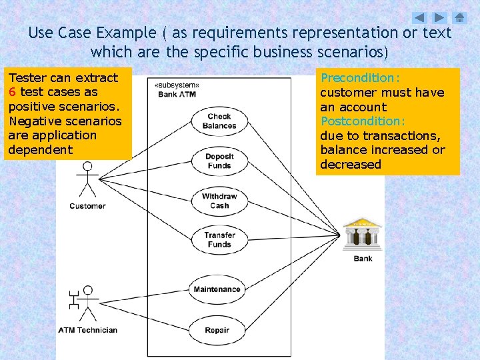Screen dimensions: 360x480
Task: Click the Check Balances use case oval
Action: (x=219, y=121)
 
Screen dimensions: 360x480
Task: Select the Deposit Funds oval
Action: (x=219, y=161)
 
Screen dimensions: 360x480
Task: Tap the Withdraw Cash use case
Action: (x=219, y=201)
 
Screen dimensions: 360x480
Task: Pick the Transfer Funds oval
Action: (x=219, y=239)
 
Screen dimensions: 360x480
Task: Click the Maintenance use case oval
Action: (x=217, y=289)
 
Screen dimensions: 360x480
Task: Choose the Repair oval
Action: (x=217, y=330)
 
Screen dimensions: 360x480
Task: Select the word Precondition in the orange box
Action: (x=357, y=78)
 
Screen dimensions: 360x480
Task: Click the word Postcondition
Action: (x=362, y=121)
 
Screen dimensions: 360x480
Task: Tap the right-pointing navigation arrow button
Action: (x=439, y=18)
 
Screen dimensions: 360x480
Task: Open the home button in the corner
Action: (x=460, y=18)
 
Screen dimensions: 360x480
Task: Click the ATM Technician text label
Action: (x=87, y=330)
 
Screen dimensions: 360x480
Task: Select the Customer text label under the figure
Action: (x=87, y=206)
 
